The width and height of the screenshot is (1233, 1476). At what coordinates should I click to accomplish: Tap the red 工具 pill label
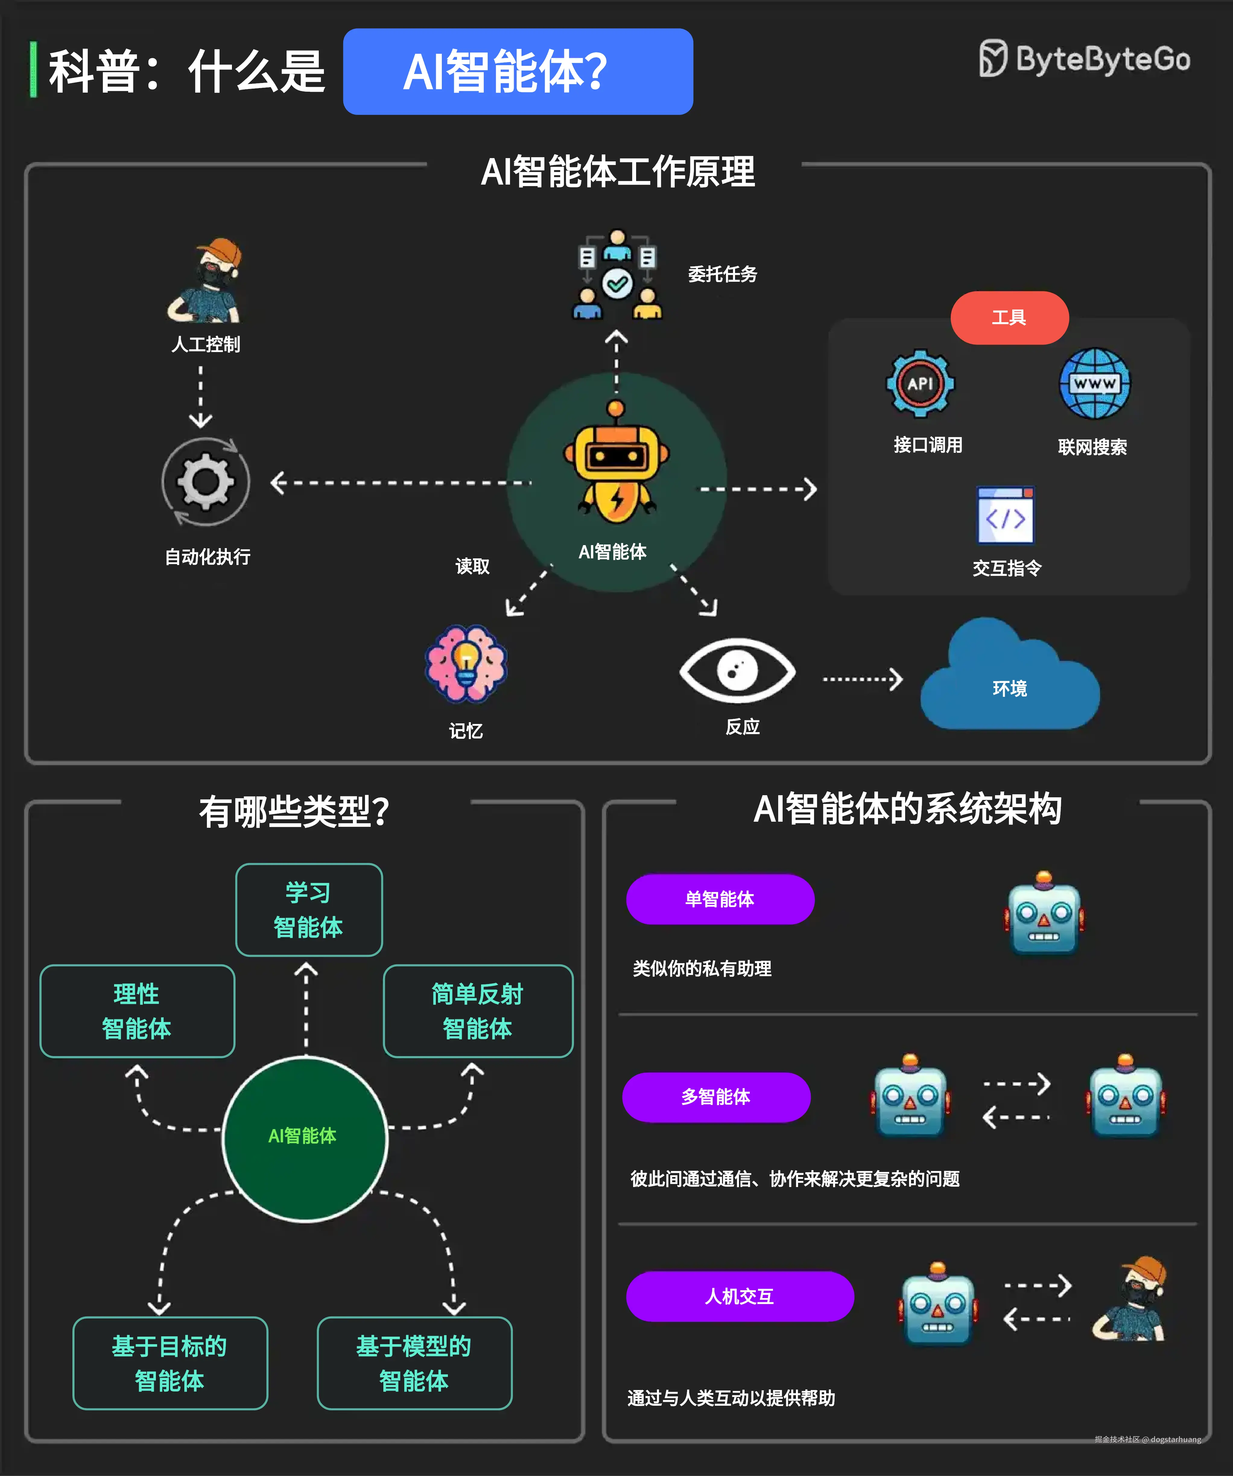click(x=1009, y=318)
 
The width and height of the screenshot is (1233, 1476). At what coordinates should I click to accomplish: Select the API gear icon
click(x=920, y=384)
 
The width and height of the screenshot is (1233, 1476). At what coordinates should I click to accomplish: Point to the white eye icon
click(x=737, y=670)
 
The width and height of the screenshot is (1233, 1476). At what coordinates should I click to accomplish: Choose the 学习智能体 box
click(x=309, y=909)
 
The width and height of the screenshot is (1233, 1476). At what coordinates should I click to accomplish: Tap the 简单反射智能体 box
click(x=478, y=1011)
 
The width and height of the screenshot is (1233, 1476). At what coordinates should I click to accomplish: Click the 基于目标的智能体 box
click(x=170, y=1363)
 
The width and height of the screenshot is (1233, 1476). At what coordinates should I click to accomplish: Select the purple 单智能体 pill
click(x=719, y=899)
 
